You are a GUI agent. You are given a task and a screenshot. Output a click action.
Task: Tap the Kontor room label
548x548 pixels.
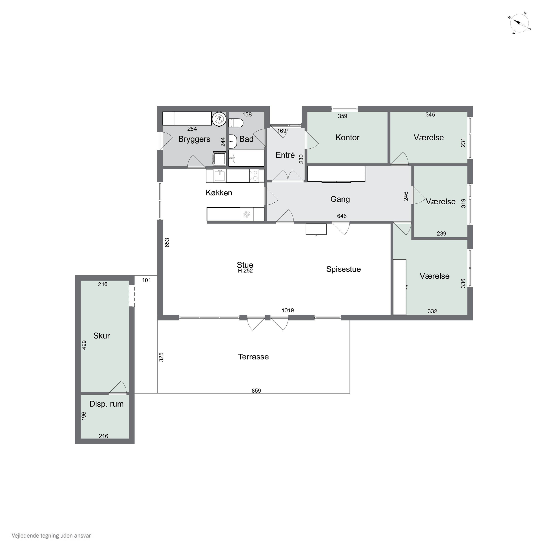[x=347, y=138]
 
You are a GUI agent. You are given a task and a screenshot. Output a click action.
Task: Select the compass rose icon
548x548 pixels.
[x=520, y=23]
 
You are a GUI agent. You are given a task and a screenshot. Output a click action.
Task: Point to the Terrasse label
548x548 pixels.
[x=253, y=357]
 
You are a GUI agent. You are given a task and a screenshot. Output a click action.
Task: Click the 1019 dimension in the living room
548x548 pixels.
[x=288, y=310]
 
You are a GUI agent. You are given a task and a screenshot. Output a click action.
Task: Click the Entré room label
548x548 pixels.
[x=285, y=155]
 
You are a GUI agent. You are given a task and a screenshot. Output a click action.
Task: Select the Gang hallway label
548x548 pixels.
[x=340, y=199]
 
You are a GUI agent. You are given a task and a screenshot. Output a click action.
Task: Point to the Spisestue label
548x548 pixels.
[x=343, y=269]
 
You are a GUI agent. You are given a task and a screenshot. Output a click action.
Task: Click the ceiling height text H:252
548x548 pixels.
[x=245, y=271]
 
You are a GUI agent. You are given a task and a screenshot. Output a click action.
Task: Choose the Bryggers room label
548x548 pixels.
[x=194, y=139]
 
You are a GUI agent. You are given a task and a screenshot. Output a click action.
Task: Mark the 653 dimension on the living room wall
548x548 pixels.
[x=167, y=243]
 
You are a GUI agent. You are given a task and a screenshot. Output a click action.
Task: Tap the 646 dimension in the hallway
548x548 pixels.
[x=342, y=216]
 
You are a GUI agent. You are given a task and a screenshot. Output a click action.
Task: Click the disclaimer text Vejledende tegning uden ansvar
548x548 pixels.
[x=51, y=536]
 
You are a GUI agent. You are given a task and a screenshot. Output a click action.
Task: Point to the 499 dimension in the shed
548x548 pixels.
[x=84, y=345]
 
